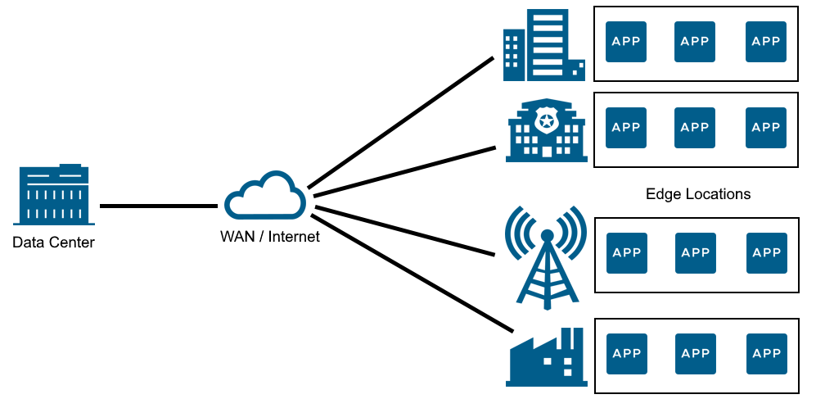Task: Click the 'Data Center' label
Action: [53, 243]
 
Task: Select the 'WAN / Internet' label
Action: [270, 237]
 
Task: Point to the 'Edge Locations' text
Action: [697, 194]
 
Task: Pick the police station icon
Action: [546, 131]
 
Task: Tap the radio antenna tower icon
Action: [546, 254]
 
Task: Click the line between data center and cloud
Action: [157, 206]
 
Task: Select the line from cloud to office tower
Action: [401, 122]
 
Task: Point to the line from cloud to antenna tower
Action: [405, 231]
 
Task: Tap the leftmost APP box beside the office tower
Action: [625, 42]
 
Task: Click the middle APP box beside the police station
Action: [695, 128]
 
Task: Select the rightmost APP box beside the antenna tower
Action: [766, 253]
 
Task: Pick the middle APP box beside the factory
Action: [695, 354]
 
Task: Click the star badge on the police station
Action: [546, 120]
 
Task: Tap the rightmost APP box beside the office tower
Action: [766, 42]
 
